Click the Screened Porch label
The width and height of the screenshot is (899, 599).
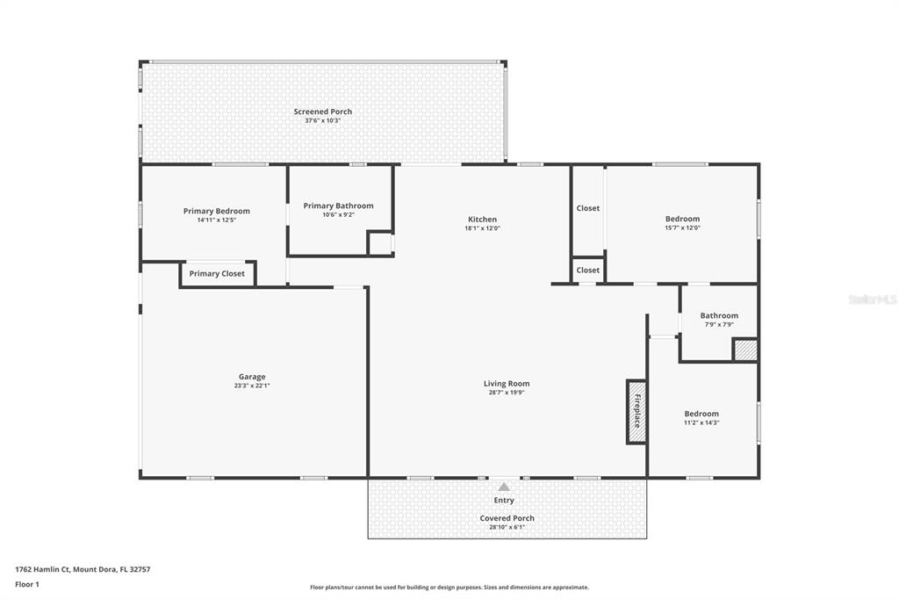[x=323, y=112]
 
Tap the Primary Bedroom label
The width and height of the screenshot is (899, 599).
[x=217, y=211]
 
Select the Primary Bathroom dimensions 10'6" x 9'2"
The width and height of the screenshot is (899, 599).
[x=338, y=214]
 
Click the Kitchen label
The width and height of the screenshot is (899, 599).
[x=482, y=220]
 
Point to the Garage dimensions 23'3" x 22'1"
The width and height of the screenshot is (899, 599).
[x=252, y=386]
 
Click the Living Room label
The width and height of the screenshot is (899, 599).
[x=507, y=383]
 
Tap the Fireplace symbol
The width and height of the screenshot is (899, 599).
[x=636, y=411]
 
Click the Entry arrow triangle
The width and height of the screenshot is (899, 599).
[x=503, y=487]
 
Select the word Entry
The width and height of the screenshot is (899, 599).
[x=504, y=501]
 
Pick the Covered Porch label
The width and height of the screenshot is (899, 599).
[x=507, y=518]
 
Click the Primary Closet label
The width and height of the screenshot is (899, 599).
[x=217, y=274]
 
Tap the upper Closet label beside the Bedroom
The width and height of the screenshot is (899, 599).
[x=587, y=208]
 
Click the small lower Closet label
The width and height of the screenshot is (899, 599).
[x=587, y=271]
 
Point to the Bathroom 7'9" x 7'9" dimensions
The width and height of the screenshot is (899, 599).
[x=719, y=324]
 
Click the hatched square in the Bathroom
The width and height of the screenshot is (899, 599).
[x=746, y=350]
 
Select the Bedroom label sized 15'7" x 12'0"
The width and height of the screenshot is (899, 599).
[x=682, y=219]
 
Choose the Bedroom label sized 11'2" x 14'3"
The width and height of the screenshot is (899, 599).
[x=701, y=414]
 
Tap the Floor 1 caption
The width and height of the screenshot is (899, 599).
[x=27, y=585]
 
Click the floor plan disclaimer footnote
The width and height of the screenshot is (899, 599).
[x=449, y=588]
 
